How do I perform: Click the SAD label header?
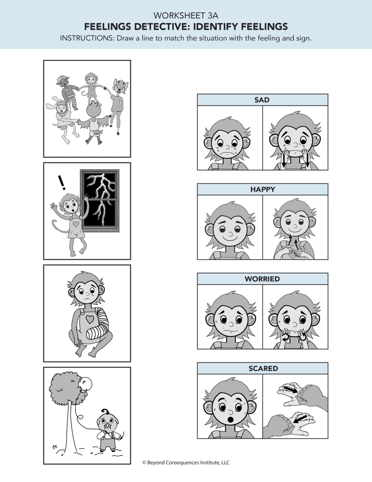tap(262, 100)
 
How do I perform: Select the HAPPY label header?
tap(262, 189)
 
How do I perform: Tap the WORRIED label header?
tap(262, 279)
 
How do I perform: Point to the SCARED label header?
tap(263, 368)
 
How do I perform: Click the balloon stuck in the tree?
tap(88, 384)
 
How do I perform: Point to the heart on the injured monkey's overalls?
tap(90, 319)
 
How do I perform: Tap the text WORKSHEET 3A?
tap(186, 16)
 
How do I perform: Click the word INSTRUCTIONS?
tap(87, 39)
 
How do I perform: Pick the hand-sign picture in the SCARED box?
tap(295, 408)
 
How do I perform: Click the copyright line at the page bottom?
tap(186, 463)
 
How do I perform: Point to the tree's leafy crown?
tap(67, 387)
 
